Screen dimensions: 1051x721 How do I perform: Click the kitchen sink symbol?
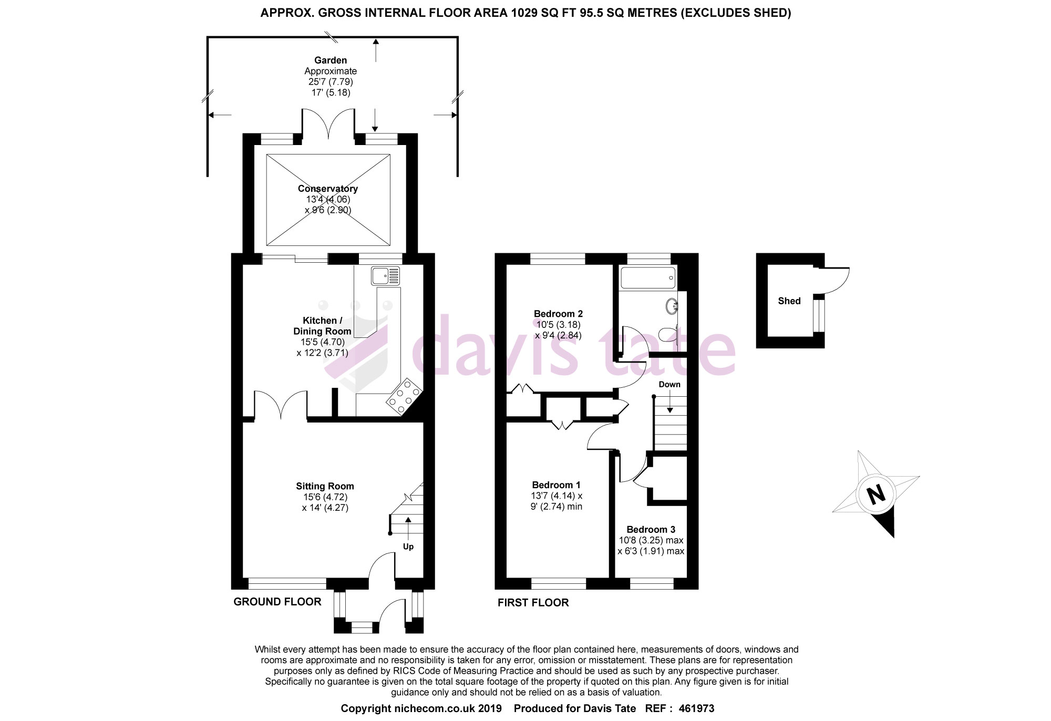point(386,276)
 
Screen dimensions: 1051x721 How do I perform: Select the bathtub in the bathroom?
point(648,277)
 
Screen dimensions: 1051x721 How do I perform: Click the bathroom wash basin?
point(672,306)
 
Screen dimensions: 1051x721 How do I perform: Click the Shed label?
point(789,301)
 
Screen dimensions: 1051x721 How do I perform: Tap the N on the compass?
point(875,494)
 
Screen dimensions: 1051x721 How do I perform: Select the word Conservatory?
point(328,189)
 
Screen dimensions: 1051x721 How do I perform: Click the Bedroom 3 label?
point(651,530)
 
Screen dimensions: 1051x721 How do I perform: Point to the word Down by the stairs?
point(669,384)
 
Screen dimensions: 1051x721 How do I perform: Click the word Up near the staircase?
point(408,547)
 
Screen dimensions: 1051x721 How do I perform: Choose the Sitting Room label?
point(325,487)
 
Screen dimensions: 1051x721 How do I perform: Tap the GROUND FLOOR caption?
point(277,602)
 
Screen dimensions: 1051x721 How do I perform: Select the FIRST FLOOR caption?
point(533,603)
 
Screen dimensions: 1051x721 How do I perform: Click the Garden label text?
point(331,60)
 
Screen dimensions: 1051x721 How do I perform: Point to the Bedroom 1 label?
point(556,485)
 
